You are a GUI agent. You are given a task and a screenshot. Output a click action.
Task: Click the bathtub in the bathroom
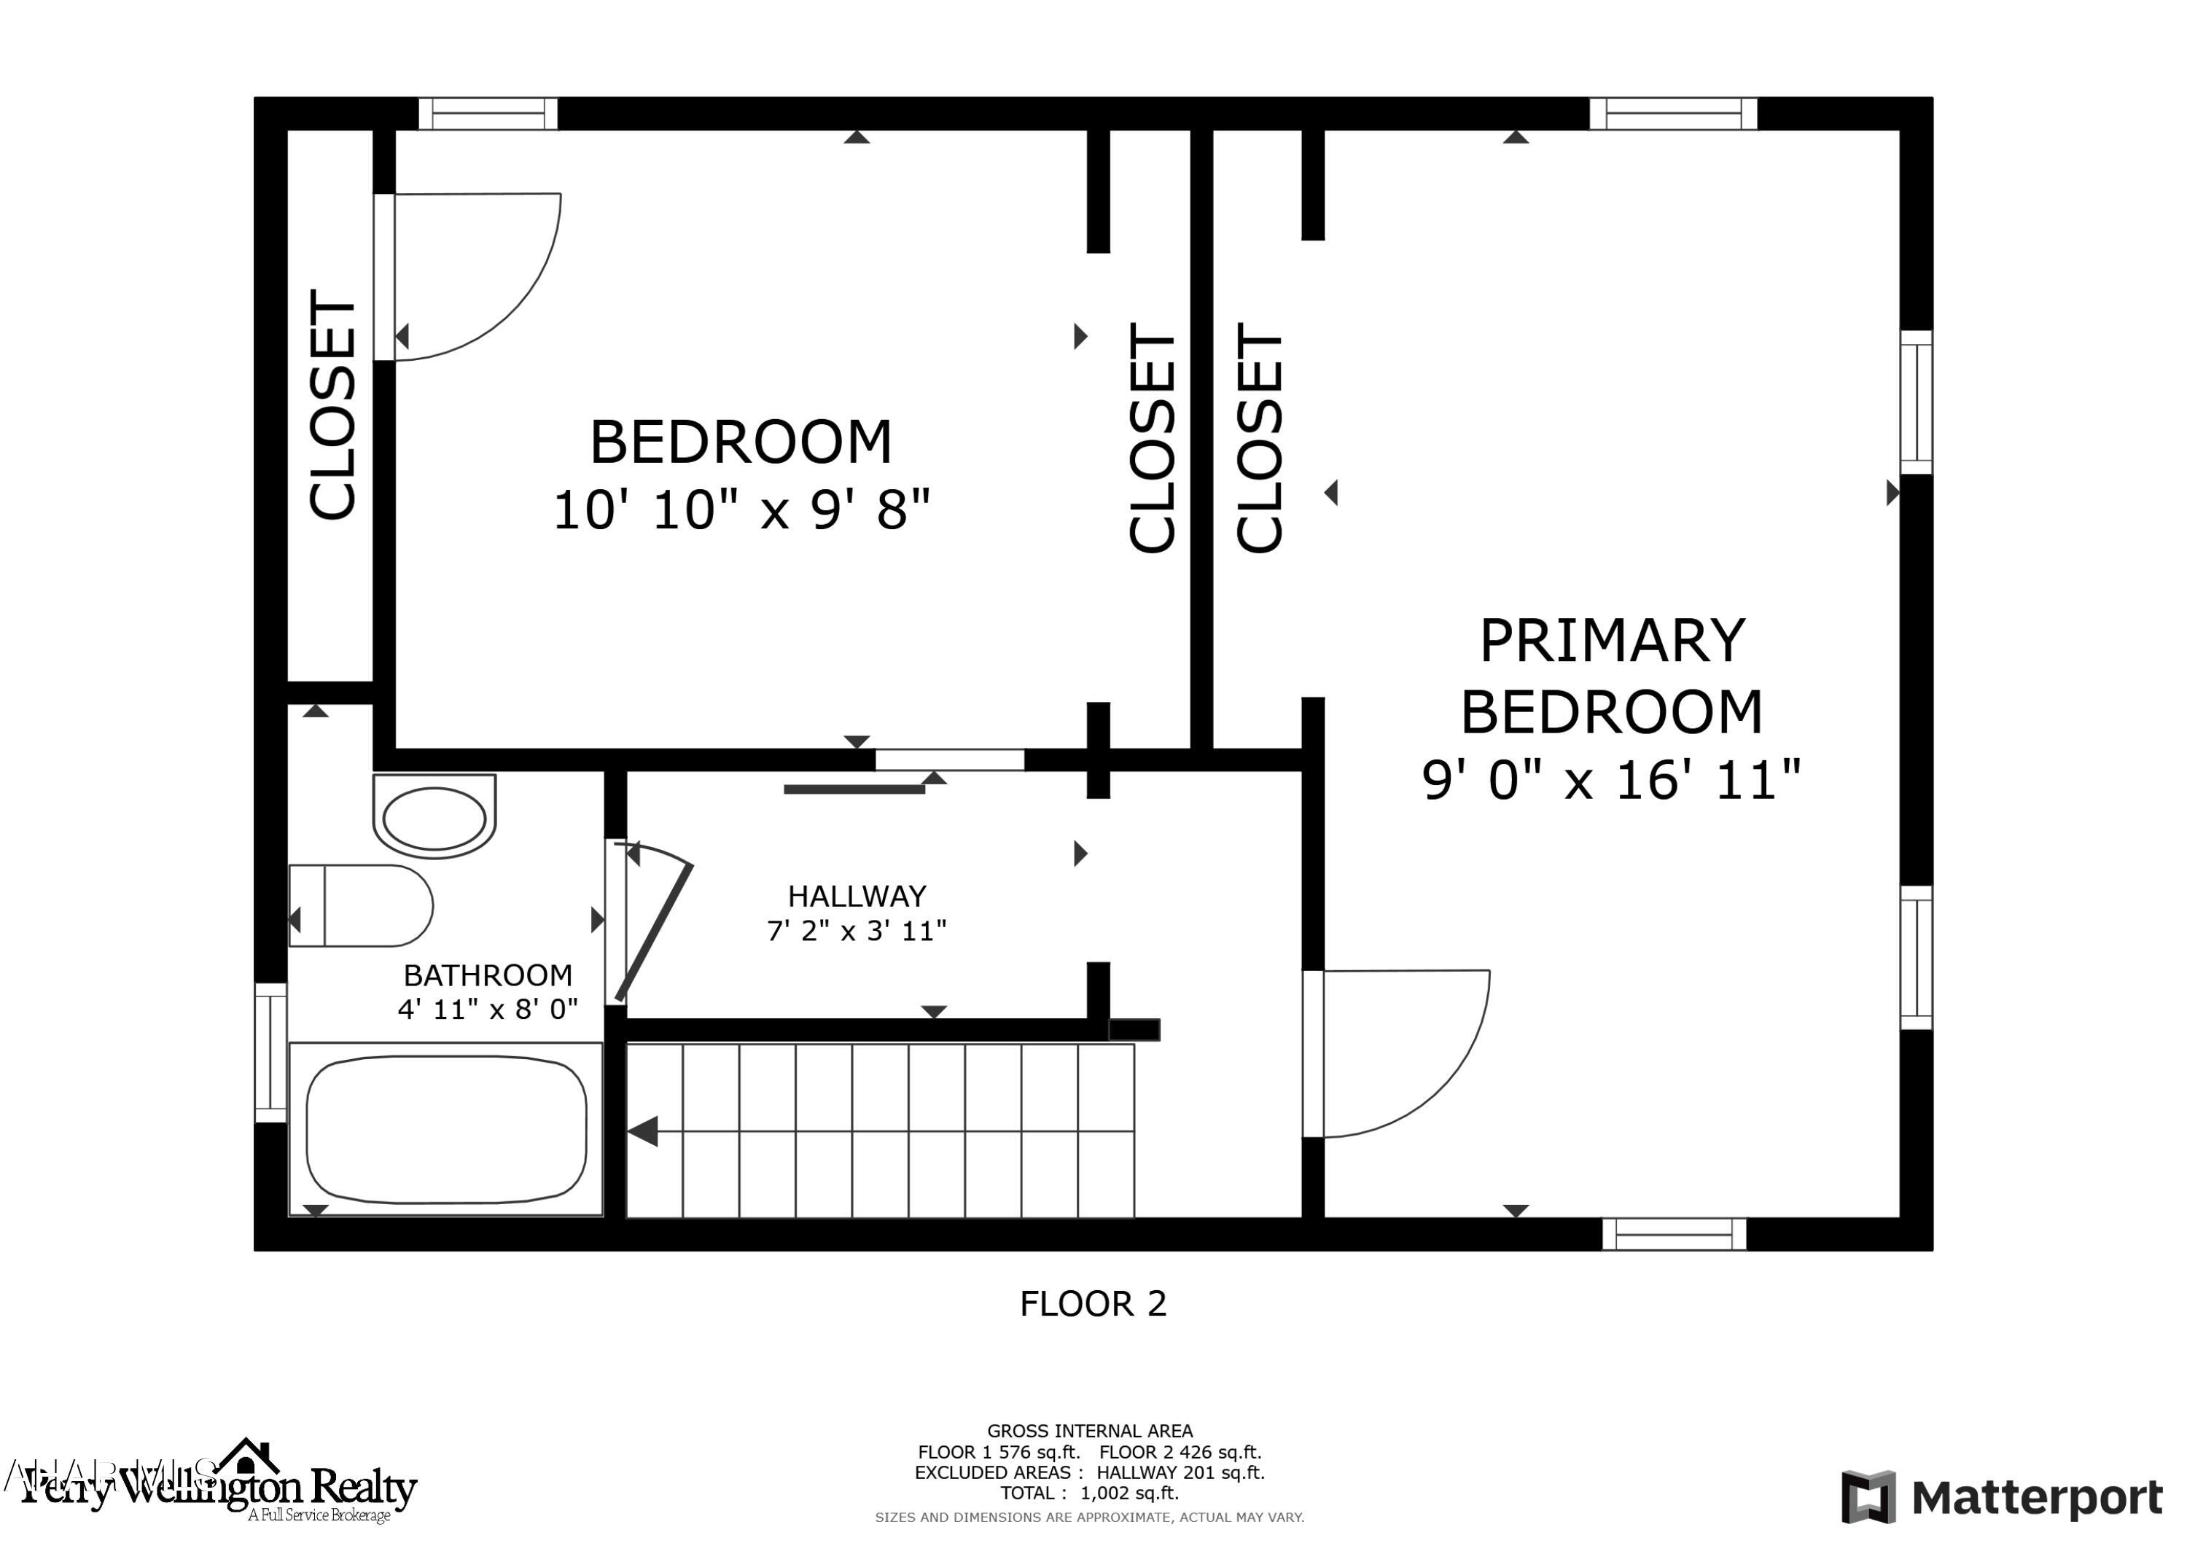point(445,1130)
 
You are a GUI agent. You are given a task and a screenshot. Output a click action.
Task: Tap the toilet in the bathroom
point(362,906)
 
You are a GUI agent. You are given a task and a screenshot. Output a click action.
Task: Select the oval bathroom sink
point(434,817)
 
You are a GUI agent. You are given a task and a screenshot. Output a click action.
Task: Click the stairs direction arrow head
point(643,1132)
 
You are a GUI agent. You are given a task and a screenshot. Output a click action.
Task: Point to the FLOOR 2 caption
point(1093,1303)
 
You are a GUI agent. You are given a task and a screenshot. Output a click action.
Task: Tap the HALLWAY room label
point(857,897)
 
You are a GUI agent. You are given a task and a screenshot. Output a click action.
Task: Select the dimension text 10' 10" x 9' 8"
point(741,510)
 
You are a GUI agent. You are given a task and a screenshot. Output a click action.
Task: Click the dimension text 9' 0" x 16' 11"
point(1610,780)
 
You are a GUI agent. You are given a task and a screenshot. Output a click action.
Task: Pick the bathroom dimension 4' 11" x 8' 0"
point(488,1009)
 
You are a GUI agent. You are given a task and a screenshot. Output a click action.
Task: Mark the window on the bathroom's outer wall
point(270,1053)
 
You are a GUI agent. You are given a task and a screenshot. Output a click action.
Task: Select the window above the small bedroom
point(488,114)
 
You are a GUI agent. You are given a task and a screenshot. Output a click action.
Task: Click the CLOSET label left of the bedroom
point(332,405)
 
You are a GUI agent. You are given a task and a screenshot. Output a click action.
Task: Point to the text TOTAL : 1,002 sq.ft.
point(1088,1494)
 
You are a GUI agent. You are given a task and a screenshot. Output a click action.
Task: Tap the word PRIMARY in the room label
point(1612,641)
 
